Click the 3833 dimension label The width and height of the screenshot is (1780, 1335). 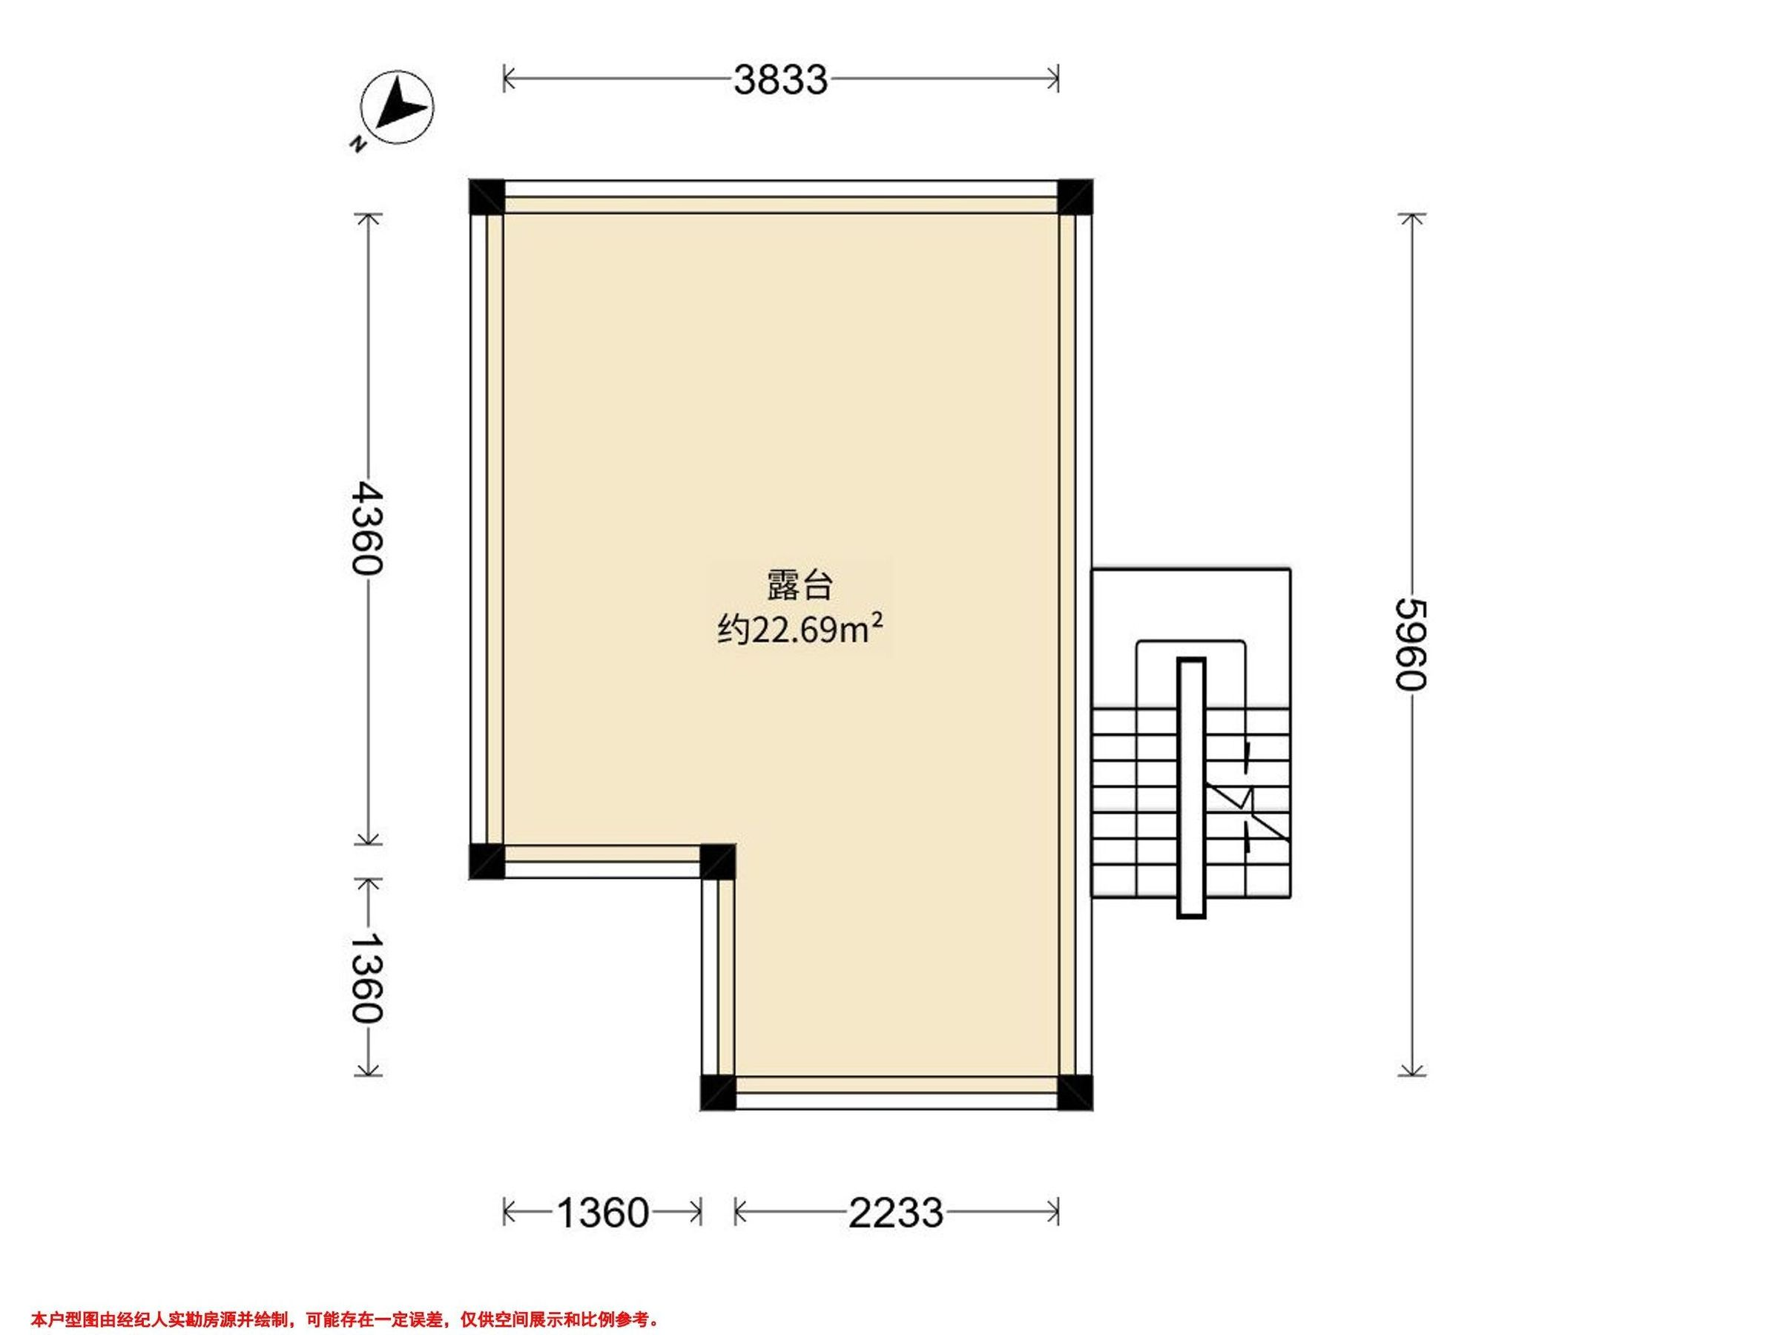(x=779, y=80)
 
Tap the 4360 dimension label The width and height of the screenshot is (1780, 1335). (x=367, y=528)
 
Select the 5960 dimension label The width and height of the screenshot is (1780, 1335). (x=1411, y=644)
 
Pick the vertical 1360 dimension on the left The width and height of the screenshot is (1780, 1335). (x=367, y=977)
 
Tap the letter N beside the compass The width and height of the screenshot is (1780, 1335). (x=358, y=145)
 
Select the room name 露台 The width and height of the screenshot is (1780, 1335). (x=799, y=585)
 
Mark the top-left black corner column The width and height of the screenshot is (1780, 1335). (x=487, y=197)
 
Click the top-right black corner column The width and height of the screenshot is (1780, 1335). (x=1075, y=197)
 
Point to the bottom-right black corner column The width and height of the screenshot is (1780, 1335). (x=1075, y=1092)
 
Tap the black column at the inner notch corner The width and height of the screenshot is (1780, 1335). (x=718, y=861)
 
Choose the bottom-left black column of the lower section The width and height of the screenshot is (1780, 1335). (x=718, y=1092)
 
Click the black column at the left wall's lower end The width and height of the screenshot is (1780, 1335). (x=487, y=861)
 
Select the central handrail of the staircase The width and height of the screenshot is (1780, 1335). (x=1191, y=788)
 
